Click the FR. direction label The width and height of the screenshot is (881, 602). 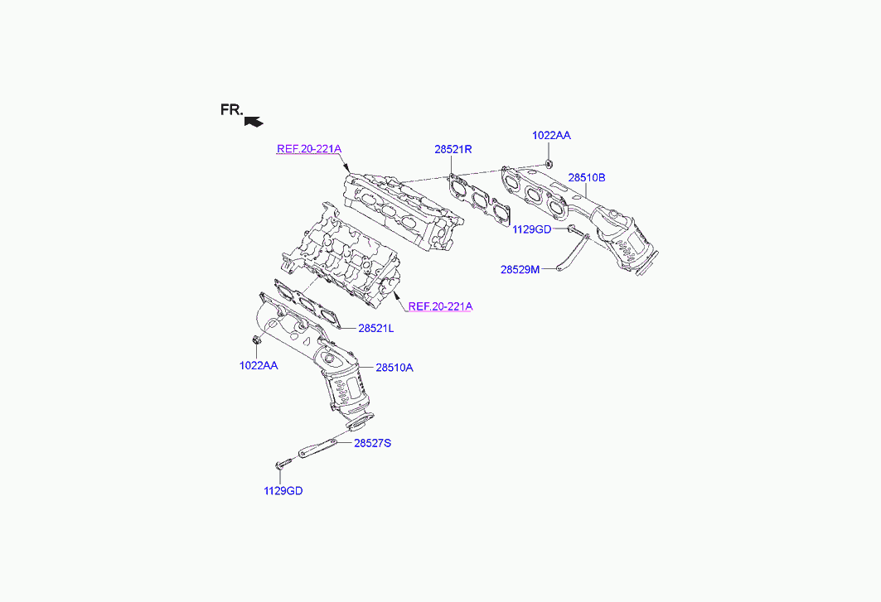click(x=231, y=109)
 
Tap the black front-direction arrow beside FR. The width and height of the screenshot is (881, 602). click(x=254, y=121)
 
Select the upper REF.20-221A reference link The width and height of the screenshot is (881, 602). click(x=308, y=149)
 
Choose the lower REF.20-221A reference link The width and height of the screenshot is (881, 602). click(x=439, y=306)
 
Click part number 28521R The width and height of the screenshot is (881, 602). click(x=453, y=150)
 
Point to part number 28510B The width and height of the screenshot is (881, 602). click(x=587, y=177)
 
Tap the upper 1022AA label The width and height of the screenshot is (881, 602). click(x=551, y=134)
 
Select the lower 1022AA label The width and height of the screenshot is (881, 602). click(x=259, y=365)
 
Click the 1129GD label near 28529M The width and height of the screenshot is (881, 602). click(x=531, y=229)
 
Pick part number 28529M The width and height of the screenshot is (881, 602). click(x=520, y=269)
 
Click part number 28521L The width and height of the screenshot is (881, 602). click(x=376, y=329)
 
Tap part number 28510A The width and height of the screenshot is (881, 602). click(x=394, y=368)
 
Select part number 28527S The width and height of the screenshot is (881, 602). click(x=372, y=443)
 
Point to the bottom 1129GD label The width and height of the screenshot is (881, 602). click(x=283, y=491)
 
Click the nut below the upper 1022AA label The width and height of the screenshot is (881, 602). click(x=549, y=161)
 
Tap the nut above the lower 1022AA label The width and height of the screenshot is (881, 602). click(x=255, y=340)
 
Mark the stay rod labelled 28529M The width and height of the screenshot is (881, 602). click(x=571, y=254)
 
